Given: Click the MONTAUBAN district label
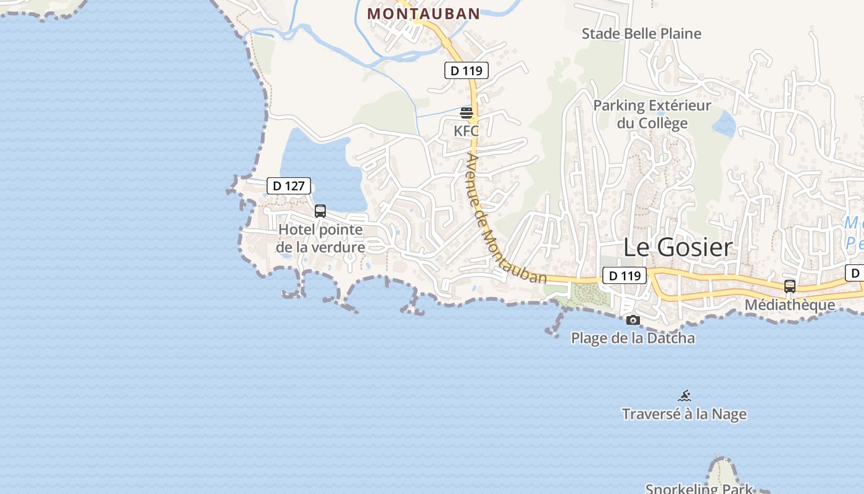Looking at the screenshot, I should [x=423, y=14].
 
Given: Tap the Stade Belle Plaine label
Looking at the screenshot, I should [x=641, y=33].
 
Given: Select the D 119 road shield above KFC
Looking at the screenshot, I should [x=467, y=70].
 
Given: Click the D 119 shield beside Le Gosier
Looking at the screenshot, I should [x=624, y=275].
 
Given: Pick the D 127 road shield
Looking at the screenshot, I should [x=289, y=185].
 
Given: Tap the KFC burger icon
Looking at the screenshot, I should [x=467, y=113].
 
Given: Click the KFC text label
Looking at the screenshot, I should [x=466, y=131].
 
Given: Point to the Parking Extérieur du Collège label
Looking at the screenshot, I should [x=652, y=114].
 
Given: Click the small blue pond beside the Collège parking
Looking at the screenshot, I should [x=724, y=124].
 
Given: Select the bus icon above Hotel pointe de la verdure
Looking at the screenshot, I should [x=320, y=211].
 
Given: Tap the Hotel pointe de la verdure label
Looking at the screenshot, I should [x=320, y=238].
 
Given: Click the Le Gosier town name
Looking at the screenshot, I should [x=678, y=247].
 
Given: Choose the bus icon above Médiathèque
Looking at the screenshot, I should [x=790, y=287].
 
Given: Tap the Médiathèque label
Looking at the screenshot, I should [x=789, y=304].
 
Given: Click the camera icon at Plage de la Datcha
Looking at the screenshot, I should [x=633, y=320].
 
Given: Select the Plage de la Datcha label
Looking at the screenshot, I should [x=633, y=338].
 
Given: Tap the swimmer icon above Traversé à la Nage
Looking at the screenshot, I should [x=684, y=396].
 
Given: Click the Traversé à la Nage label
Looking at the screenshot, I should [x=684, y=414].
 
